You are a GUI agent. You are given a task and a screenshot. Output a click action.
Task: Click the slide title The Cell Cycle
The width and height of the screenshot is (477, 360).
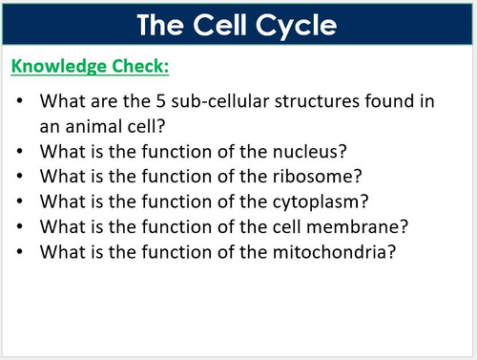pyautogui.click(x=238, y=23)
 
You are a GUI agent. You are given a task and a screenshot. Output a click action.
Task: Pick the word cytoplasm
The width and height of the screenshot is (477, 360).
pyautogui.click(x=289, y=201)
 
